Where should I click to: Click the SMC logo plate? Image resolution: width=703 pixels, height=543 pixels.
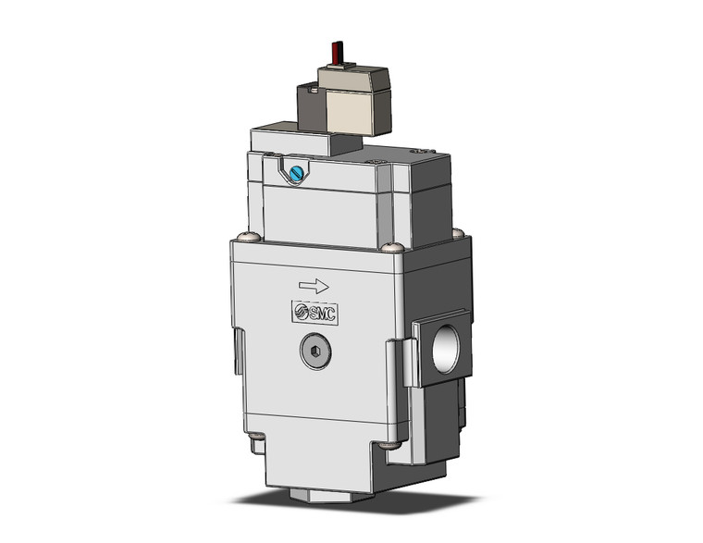pyautogui.click(x=314, y=312)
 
